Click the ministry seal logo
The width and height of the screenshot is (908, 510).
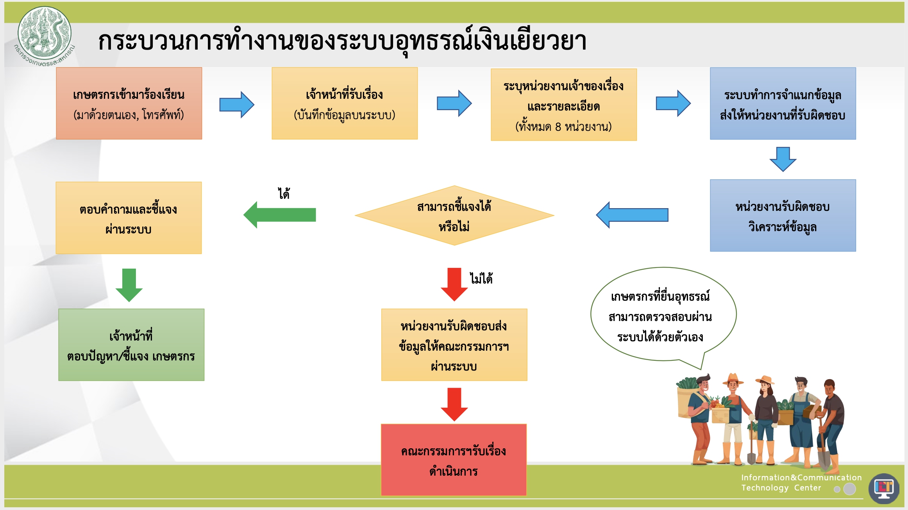coord(45,34)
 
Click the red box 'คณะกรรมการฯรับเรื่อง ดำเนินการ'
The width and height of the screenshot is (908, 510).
coord(454,460)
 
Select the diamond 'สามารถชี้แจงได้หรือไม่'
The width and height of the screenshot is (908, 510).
coord(454,216)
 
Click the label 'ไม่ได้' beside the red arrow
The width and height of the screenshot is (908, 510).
coord(481,279)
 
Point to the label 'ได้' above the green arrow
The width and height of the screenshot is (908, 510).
coord(284,194)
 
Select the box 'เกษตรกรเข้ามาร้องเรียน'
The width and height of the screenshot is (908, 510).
coord(129,103)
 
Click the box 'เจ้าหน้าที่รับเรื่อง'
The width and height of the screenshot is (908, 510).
coord(345,103)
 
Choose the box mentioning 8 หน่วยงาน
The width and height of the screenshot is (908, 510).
coord(563,105)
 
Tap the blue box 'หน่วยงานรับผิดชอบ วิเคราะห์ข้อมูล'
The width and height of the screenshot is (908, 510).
coord(783,216)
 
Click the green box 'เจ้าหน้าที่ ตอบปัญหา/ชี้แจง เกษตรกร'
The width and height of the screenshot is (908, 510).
coord(131,345)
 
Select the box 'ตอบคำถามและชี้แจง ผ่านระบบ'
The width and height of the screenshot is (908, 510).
coord(129,218)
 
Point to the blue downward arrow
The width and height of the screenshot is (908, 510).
coord(783,159)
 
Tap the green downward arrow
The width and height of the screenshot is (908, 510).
coord(129,285)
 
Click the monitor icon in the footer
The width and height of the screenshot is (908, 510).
coord(884,488)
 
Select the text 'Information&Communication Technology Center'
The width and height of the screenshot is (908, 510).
coord(801,483)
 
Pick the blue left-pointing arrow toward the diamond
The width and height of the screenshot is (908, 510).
coord(632,215)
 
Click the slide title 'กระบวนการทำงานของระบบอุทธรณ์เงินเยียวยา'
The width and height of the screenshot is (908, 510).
coord(342,41)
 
